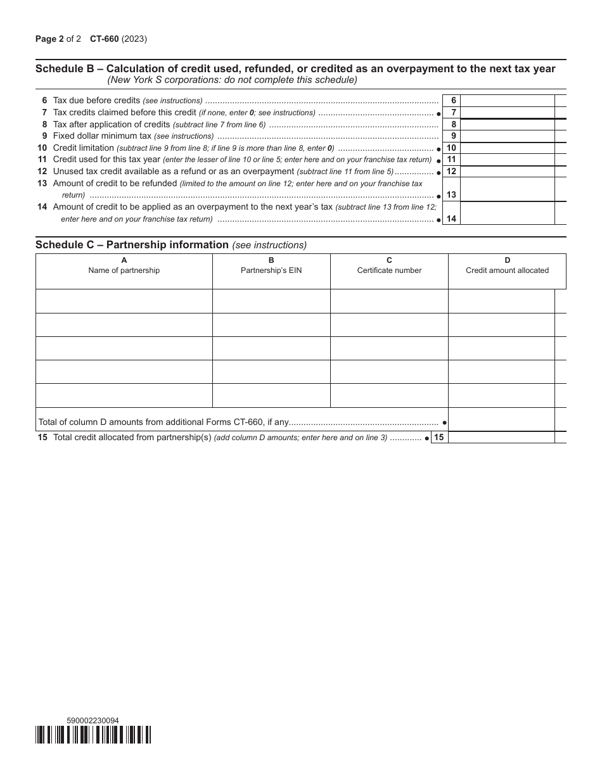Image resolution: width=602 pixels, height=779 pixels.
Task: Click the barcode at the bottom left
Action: tap(93, 734)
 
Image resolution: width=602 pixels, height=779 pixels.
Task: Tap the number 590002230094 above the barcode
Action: tap(93, 720)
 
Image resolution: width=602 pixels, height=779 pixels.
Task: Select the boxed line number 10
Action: tap(451, 148)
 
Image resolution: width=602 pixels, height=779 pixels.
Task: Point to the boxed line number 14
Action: tap(451, 218)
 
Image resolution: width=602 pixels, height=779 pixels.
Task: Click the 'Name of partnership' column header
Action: tap(124, 270)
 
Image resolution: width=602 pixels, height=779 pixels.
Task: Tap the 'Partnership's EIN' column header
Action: tap(271, 270)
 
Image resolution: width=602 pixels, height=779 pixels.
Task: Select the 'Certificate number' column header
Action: tap(389, 270)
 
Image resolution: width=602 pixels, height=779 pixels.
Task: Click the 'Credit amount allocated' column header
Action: tap(507, 270)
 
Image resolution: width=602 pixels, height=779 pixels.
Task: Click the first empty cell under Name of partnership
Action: tap(124, 301)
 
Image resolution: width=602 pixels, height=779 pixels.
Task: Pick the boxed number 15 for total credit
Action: tap(439, 437)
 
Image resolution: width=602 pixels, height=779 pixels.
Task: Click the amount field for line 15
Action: tap(501, 437)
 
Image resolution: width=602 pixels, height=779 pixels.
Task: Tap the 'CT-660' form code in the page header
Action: tap(104, 39)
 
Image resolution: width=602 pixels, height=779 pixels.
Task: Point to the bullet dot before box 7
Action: tap(439, 113)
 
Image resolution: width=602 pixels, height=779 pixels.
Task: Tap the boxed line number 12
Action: tap(451, 172)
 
